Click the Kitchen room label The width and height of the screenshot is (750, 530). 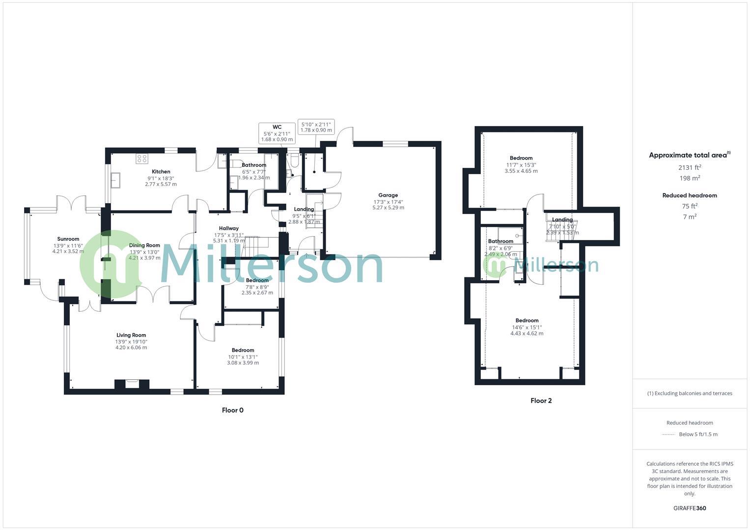pos(161,172)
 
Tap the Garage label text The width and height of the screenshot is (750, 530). pos(388,195)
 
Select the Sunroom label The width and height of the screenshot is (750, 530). pos(68,239)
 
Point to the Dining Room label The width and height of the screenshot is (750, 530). pos(144,245)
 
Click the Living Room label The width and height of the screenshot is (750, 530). pos(131,335)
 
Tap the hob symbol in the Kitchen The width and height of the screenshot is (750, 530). pos(142,159)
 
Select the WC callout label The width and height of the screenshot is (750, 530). pos(277,127)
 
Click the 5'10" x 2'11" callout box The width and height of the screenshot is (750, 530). pos(316,127)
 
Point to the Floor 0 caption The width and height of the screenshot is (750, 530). pos(232,410)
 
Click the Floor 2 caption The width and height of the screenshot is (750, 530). pos(541,400)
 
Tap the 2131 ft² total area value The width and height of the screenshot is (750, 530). pos(689,167)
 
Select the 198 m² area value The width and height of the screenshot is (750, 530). pos(689,178)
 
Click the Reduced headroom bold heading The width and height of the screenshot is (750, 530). pos(689,195)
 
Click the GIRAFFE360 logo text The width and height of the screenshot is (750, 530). pos(689,508)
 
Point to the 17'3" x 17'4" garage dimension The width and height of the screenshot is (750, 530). pos(388,202)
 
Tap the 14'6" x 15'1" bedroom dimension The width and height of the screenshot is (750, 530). pos(527,327)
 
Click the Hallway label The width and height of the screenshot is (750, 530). pos(229,228)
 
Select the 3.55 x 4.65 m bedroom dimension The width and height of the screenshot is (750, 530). pos(521,171)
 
